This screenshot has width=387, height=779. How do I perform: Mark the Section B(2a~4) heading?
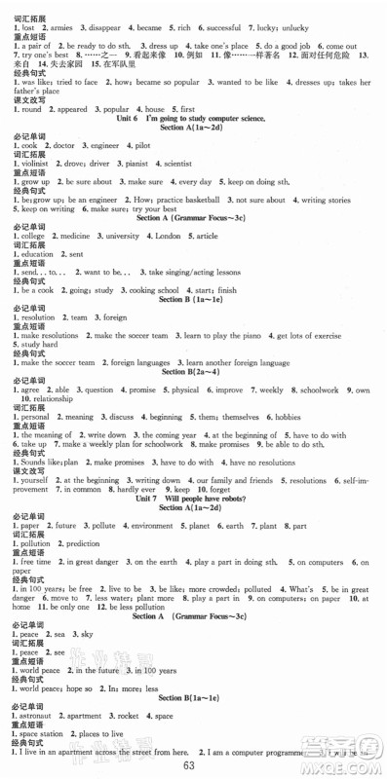coord(193,371)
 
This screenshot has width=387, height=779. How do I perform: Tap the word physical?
coord(186,389)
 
